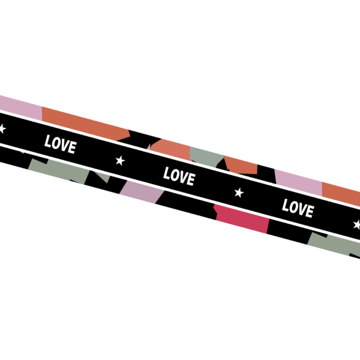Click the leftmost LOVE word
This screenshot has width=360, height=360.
pos(61,144)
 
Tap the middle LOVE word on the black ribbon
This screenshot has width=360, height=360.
pos(179,176)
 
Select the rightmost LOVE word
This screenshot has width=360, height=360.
pos(298,208)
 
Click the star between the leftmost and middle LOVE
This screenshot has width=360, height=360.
pos(120,160)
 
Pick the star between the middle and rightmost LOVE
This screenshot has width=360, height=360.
pos(239,193)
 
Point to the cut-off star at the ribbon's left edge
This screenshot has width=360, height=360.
pos(2,129)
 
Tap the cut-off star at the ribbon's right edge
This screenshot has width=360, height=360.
pos(357,224)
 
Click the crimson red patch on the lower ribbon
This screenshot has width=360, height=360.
pos(242,219)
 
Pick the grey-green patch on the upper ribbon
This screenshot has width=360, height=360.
pos(206,157)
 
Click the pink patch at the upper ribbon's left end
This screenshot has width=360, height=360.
pos(20,107)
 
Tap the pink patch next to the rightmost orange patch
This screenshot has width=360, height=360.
pos(299,182)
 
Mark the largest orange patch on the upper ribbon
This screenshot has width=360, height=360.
pos(85,124)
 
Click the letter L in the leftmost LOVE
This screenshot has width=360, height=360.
pos(48,141)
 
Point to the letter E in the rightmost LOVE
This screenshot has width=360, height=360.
pos(310,211)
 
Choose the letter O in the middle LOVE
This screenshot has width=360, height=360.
pos(175,175)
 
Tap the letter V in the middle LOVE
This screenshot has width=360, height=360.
pos(184,178)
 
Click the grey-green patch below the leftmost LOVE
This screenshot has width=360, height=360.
pos(59,170)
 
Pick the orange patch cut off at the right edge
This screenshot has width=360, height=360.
pos(341,194)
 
